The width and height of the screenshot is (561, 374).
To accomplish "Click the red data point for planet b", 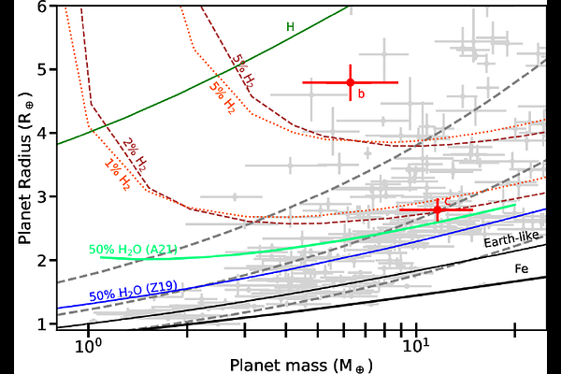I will [350, 82].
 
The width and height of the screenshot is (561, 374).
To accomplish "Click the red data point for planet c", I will [437, 211].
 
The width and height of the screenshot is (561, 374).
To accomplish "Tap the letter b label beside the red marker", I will [361, 93].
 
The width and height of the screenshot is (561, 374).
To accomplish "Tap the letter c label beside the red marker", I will [448, 202].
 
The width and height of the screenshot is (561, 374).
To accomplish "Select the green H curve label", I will [290, 26].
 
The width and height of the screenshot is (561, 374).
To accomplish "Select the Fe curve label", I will [522, 268].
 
